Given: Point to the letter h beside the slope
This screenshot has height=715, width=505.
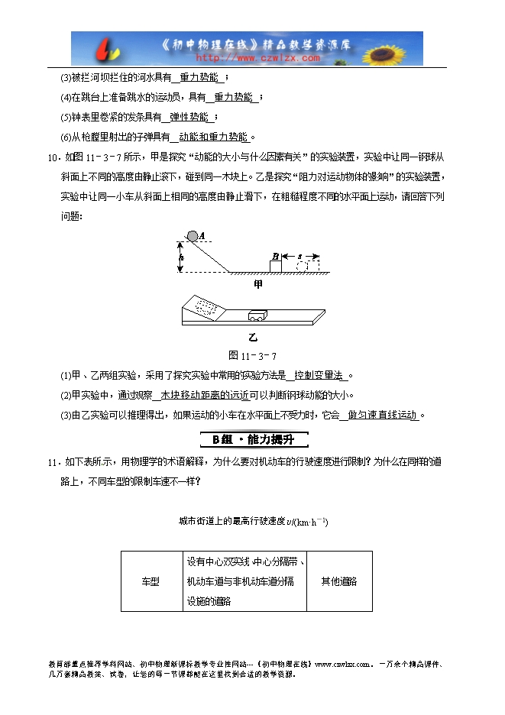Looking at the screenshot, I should pyautogui.click(x=181, y=257).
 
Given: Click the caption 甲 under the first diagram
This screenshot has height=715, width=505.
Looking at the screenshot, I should pyautogui.click(x=257, y=284).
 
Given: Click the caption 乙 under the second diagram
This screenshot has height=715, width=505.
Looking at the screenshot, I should pyautogui.click(x=253, y=337).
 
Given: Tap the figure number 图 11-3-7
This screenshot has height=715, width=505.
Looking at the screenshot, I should pyautogui.click(x=252, y=356).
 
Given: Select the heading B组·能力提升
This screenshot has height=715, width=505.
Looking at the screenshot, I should pyautogui.click(x=253, y=439).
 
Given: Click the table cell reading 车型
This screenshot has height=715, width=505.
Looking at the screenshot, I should pyautogui.click(x=151, y=581).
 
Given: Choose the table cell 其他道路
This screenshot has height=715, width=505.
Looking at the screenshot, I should pyautogui.click(x=339, y=581).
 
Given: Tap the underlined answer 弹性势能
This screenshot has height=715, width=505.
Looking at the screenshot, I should pyautogui.click(x=189, y=117).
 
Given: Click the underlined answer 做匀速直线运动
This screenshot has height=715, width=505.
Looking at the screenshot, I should pyautogui.click(x=382, y=415).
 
